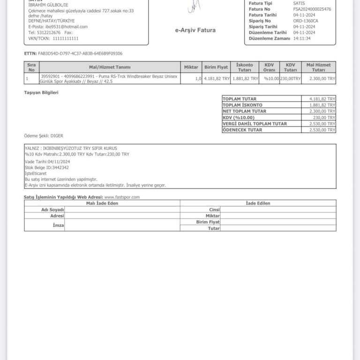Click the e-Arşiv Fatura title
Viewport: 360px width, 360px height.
[195, 30]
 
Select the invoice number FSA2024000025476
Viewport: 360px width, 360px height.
[312, 9]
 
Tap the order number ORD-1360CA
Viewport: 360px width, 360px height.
[306, 21]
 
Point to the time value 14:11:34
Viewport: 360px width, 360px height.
[302, 38]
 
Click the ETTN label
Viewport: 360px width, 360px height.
[30, 53]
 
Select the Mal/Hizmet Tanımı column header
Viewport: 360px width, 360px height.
[109, 67]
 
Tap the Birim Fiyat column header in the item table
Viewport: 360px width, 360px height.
[216, 67]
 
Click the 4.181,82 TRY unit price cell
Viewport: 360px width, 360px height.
[217, 79]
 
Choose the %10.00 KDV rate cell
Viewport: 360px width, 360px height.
[271, 79]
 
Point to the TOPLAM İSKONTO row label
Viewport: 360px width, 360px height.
[242, 105]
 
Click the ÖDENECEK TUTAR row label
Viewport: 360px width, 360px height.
[242, 130]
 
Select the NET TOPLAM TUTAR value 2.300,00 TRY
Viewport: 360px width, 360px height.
[322, 112]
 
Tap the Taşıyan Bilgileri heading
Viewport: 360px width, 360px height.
[41, 92]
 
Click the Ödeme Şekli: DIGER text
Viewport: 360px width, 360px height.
[44, 136]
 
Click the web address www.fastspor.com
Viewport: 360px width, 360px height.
[122, 197]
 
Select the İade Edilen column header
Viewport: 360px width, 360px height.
[258, 203]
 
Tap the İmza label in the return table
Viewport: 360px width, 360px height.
[59, 225]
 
